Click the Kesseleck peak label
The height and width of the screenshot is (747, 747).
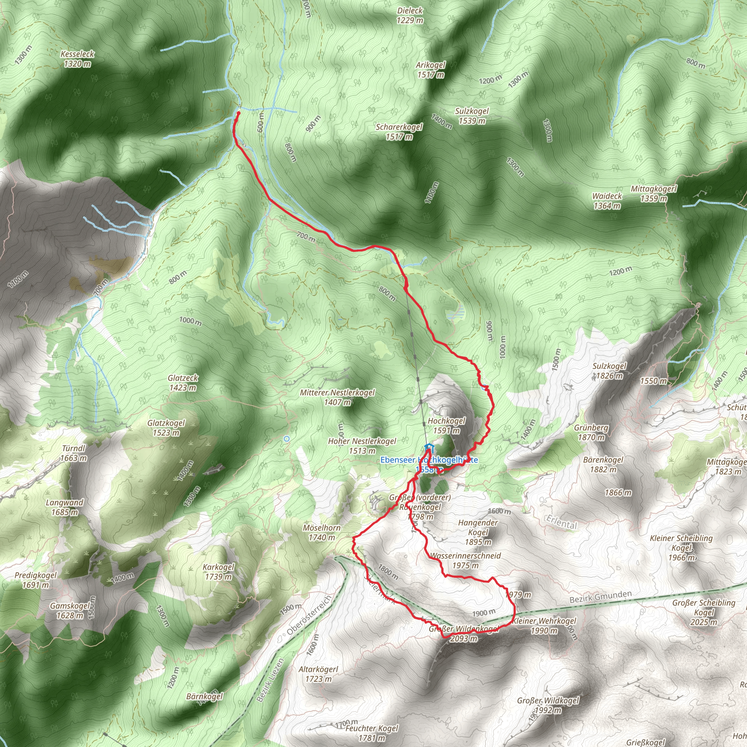click(x=77, y=59)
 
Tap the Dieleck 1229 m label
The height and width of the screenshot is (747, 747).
click(x=410, y=15)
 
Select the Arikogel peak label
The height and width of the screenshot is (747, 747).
click(x=431, y=70)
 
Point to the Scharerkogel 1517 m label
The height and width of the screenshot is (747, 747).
click(x=399, y=131)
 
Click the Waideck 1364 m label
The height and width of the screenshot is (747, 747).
click(x=607, y=201)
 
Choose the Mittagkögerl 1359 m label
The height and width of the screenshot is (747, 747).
click(x=653, y=194)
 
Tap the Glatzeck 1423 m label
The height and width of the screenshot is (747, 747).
click(x=182, y=382)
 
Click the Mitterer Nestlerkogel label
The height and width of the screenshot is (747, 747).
click(x=337, y=397)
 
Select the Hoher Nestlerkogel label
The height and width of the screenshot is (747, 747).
click(x=362, y=446)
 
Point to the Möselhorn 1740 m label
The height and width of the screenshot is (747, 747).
click(x=322, y=533)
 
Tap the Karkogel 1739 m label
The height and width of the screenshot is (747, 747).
click(x=218, y=572)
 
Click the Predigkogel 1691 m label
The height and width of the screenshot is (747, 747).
click(x=36, y=580)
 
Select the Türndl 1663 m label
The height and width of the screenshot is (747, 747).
click(x=73, y=453)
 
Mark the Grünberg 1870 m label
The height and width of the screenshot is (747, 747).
click(x=591, y=432)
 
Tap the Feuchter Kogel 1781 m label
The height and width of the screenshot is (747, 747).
click(x=372, y=733)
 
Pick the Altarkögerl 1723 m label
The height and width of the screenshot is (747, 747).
click(x=318, y=674)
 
